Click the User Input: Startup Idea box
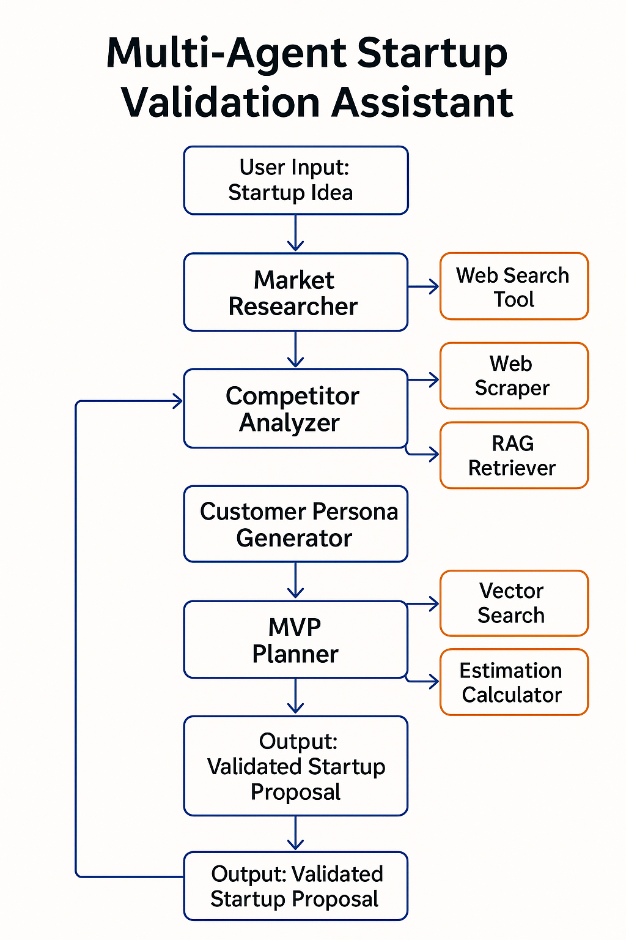tap(296, 181)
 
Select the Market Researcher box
tap(296, 293)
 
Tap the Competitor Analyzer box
tap(296, 408)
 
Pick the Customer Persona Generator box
tap(296, 524)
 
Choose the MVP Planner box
tap(296, 640)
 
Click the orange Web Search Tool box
tap(514, 286)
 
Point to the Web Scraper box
tap(514, 376)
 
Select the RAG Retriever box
tap(514, 455)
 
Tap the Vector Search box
tap(514, 603)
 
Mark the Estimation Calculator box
tap(514, 682)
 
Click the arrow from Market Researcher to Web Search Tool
tap(424, 286)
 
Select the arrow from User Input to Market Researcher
tap(296, 233)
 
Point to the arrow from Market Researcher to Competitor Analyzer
tap(296, 349)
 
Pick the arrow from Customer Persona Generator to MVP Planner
tap(296, 581)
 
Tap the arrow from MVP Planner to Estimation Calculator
tap(425, 681)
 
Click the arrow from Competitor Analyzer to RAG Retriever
tap(425, 453)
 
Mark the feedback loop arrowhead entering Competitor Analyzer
tap(177, 401)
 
